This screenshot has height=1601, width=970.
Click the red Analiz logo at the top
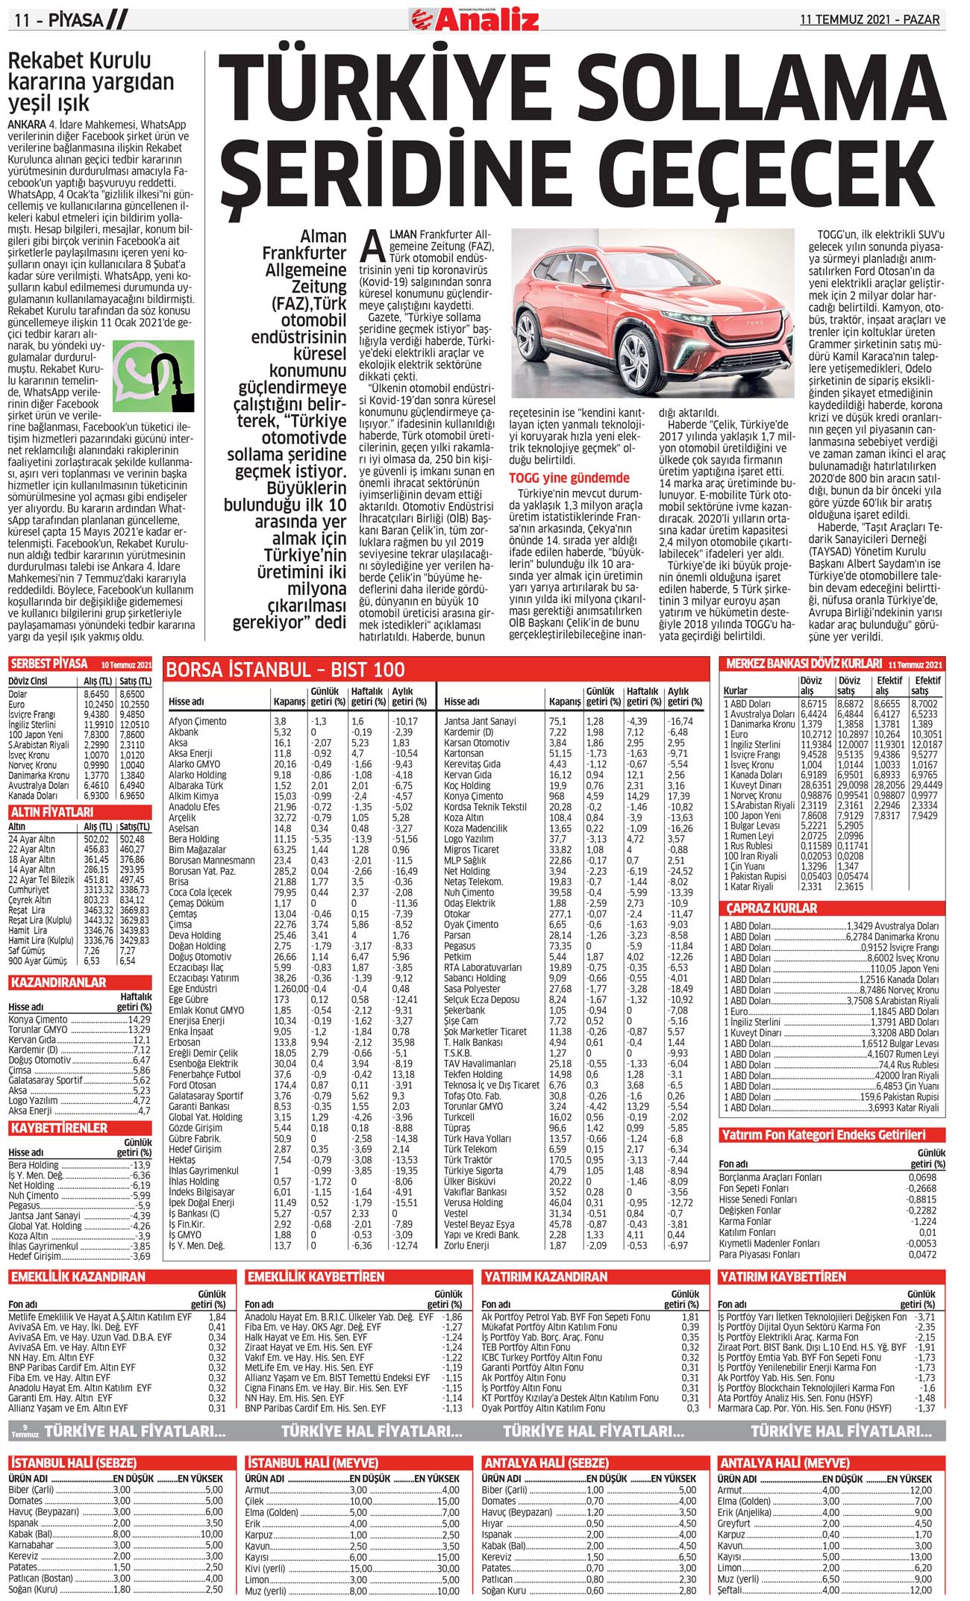pos(475,19)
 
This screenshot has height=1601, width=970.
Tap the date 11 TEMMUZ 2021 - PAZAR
pos(869,19)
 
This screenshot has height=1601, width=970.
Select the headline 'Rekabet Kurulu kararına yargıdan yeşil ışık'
pos(90,81)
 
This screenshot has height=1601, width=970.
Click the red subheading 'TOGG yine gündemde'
pos(569,478)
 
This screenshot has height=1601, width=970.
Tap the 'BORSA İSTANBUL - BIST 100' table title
pos(285,670)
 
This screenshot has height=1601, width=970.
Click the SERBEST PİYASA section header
pos(49,664)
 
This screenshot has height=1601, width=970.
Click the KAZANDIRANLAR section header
pos(57,982)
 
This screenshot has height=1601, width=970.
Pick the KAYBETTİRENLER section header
pos(59,1128)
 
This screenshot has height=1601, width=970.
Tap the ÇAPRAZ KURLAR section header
pos(772,908)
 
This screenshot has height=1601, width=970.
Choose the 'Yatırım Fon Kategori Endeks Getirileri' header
pos(823,1135)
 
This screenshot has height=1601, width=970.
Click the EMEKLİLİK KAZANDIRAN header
pos(78,1277)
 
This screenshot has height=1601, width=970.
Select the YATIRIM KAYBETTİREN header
pos(782,1277)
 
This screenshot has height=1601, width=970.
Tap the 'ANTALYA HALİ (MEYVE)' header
pos(784,1462)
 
